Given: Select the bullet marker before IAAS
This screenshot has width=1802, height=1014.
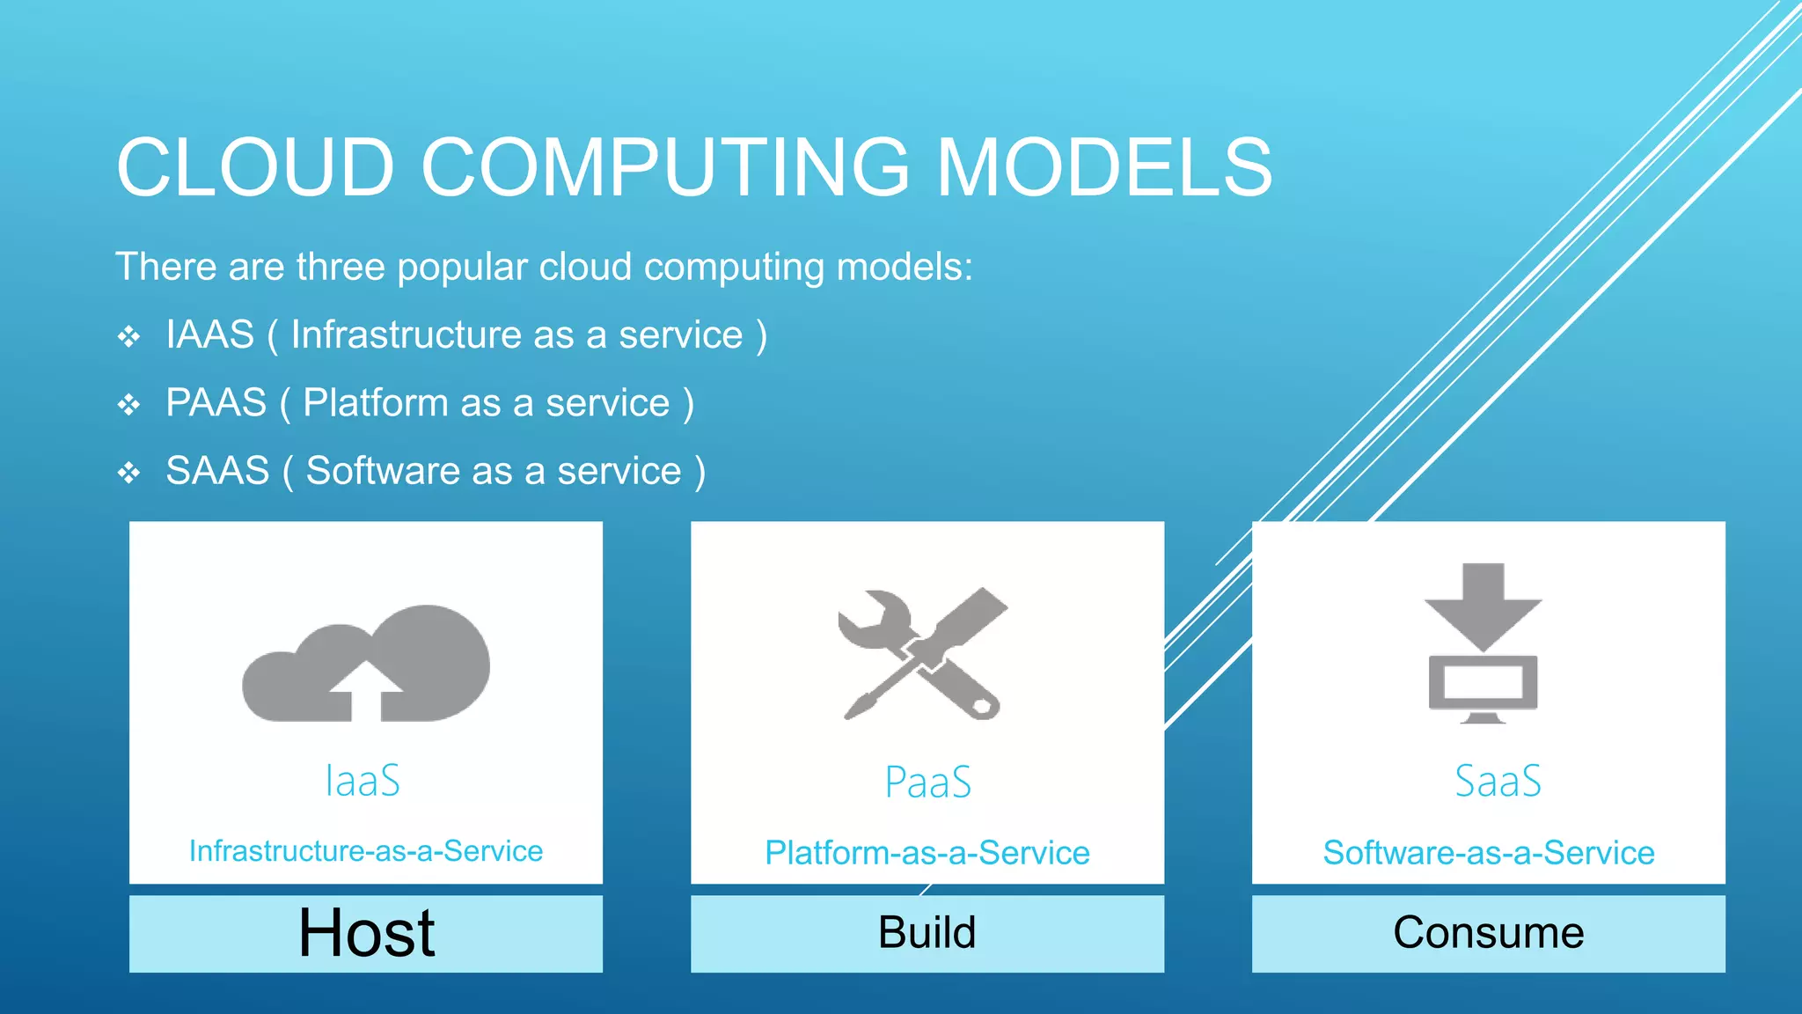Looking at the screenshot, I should [x=129, y=336].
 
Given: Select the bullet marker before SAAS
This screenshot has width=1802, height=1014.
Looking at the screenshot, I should [x=129, y=473].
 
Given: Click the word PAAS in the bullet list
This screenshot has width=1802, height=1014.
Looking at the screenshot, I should [x=216, y=403].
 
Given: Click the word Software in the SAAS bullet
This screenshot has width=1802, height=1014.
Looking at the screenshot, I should [x=382, y=471].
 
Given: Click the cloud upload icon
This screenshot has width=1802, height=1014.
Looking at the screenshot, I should [x=366, y=665].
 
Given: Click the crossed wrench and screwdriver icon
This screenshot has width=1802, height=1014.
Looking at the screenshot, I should [x=922, y=654].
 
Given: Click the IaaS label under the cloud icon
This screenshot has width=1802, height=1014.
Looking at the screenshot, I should [x=363, y=781].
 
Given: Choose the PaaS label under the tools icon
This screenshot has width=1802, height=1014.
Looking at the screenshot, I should [x=927, y=783].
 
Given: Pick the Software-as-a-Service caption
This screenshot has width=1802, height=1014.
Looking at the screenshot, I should [x=1489, y=852].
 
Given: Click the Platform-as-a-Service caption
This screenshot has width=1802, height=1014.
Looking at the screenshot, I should [x=927, y=852].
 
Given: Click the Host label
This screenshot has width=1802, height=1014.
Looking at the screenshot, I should [x=366, y=933].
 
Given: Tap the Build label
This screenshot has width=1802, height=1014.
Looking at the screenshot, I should [x=927, y=933].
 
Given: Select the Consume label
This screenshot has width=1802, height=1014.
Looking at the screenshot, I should [x=1489, y=933].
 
